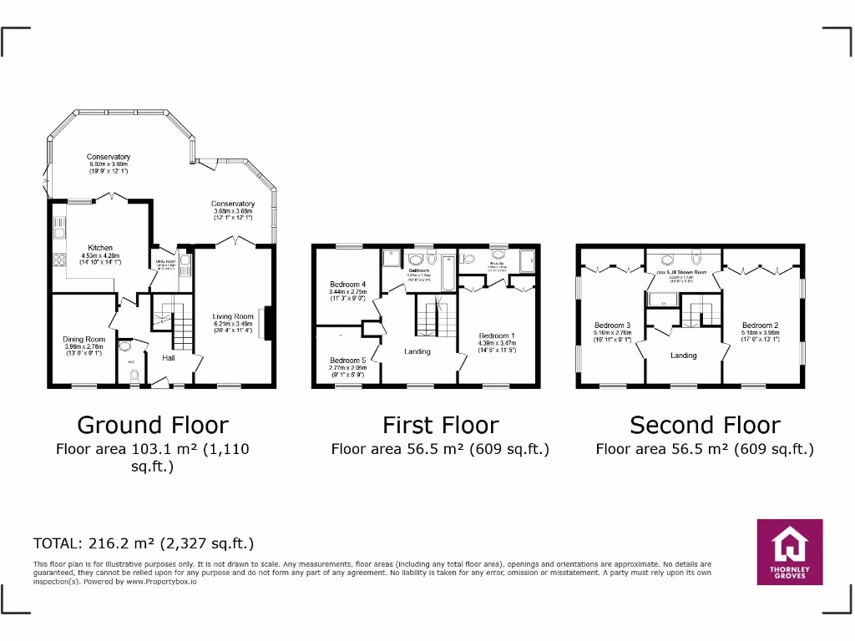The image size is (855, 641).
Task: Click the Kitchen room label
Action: pyautogui.click(x=100, y=248)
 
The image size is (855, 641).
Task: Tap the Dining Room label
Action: pyautogui.click(x=84, y=339)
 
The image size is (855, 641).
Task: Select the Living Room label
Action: pyautogui.click(x=233, y=316)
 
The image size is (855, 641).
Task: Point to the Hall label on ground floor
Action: pyautogui.click(x=169, y=358)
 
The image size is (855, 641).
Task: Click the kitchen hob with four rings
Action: pyautogui.click(x=59, y=259)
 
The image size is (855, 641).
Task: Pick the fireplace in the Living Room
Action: pyautogui.click(x=268, y=324)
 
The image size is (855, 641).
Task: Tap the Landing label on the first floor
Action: pyautogui.click(x=417, y=351)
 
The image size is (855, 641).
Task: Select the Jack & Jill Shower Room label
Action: pyautogui.click(x=684, y=272)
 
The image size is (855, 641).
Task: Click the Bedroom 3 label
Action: pyautogui.click(x=612, y=326)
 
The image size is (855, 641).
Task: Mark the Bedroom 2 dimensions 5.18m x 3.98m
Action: pyautogui.click(x=760, y=333)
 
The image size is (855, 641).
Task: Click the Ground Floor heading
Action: pyautogui.click(x=152, y=425)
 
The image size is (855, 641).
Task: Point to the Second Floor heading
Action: pyautogui.click(x=705, y=425)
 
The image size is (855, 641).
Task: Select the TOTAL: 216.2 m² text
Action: pyautogui.click(x=143, y=543)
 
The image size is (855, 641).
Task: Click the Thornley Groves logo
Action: pyautogui.click(x=789, y=552)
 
